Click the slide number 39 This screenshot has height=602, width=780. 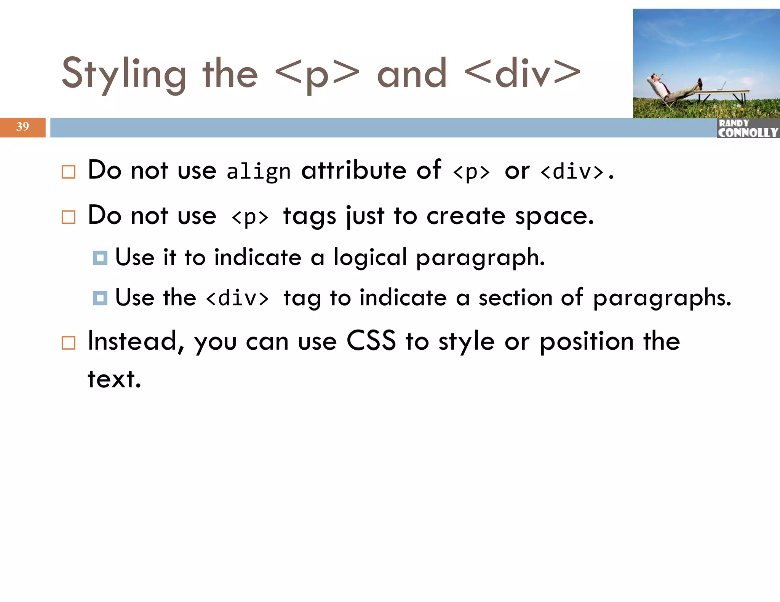(x=22, y=127)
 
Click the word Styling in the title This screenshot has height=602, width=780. (x=124, y=74)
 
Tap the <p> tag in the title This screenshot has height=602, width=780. (x=317, y=74)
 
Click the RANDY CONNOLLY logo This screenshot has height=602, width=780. (x=748, y=128)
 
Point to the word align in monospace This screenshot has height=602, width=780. (x=258, y=172)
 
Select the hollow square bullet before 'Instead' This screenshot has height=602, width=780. (x=69, y=343)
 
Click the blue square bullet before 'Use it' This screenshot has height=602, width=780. (x=100, y=258)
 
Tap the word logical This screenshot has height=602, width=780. (x=370, y=258)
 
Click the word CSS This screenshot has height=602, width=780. (x=371, y=341)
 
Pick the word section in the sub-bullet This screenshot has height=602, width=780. (x=515, y=298)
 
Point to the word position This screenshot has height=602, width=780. (x=587, y=342)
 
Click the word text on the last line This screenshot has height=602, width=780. (x=114, y=379)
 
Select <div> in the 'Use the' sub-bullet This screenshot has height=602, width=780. (x=237, y=298)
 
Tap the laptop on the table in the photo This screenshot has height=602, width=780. (x=722, y=86)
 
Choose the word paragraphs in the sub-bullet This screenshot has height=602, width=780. (x=662, y=298)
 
